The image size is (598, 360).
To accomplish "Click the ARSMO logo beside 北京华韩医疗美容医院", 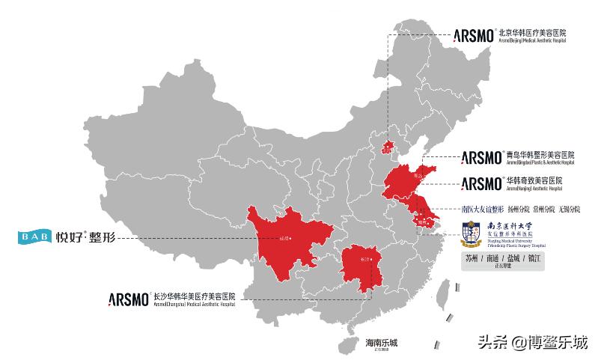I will pos(474,34).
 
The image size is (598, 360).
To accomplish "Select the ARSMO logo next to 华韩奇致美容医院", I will pos(481,183).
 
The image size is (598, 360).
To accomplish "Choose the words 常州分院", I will pos(544,209).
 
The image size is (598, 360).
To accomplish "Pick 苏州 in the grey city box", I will pos(472,258).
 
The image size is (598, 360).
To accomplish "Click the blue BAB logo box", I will pos(35,238).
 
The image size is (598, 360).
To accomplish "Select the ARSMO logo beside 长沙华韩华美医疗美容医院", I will pos(129,297).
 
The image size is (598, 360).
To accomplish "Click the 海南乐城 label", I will pos(381,343).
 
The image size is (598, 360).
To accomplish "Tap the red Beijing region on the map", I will pos(388,147).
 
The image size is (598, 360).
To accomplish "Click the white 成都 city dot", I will pos(290,239).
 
